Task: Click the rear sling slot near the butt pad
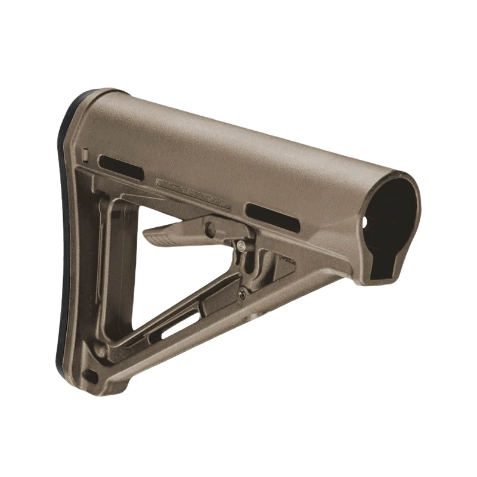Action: pyautogui.click(x=120, y=168)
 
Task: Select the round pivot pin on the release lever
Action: pyautogui.click(x=209, y=227)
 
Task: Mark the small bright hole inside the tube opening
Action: pyautogui.click(x=367, y=221)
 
